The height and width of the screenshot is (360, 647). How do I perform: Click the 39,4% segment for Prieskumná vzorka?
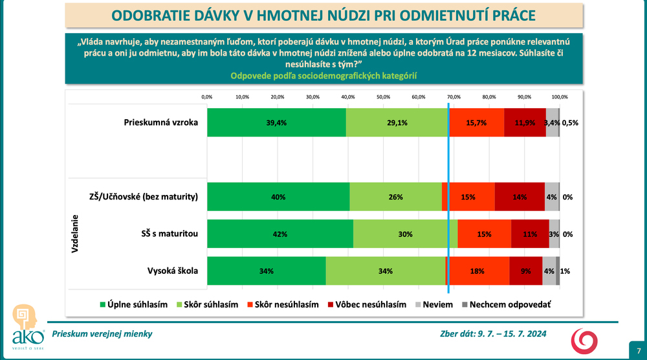pos(276,122)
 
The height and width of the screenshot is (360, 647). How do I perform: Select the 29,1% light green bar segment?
pos(397,122)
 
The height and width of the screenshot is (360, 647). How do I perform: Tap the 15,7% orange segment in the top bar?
pos(477,122)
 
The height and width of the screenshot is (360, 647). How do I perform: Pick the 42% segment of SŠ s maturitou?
pos(280,234)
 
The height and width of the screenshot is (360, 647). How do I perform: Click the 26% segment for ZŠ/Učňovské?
pos(395,197)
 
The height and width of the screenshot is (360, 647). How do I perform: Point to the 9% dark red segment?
pos(525,271)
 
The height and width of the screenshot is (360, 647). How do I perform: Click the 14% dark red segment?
pos(520,197)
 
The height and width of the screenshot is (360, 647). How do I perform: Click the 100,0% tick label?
pos(559,96)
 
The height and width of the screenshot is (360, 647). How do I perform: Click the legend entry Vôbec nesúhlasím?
pos(366,304)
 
